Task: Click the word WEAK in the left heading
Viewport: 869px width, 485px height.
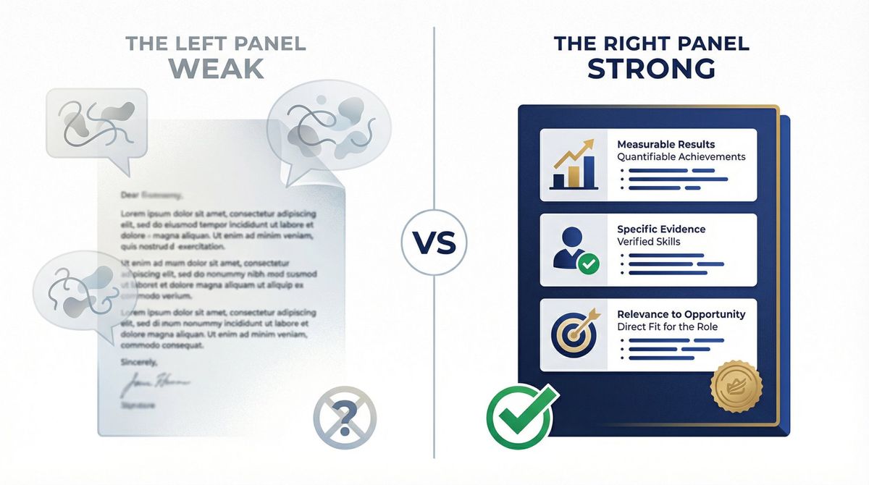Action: coord(217,67)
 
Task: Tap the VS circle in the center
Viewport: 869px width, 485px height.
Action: coord(434,241)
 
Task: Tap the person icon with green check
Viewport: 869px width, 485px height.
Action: coord(574,250)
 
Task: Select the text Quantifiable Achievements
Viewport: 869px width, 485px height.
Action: coord(681,156)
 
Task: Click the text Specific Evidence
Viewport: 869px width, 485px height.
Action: coord(661,229)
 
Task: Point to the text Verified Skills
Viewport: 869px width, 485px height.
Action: coord(649,241)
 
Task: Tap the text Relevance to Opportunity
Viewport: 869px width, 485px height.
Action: coord(681,314)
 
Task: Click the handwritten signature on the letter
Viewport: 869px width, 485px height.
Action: coord(155,381)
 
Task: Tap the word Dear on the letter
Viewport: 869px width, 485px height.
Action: coord(130,195)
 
